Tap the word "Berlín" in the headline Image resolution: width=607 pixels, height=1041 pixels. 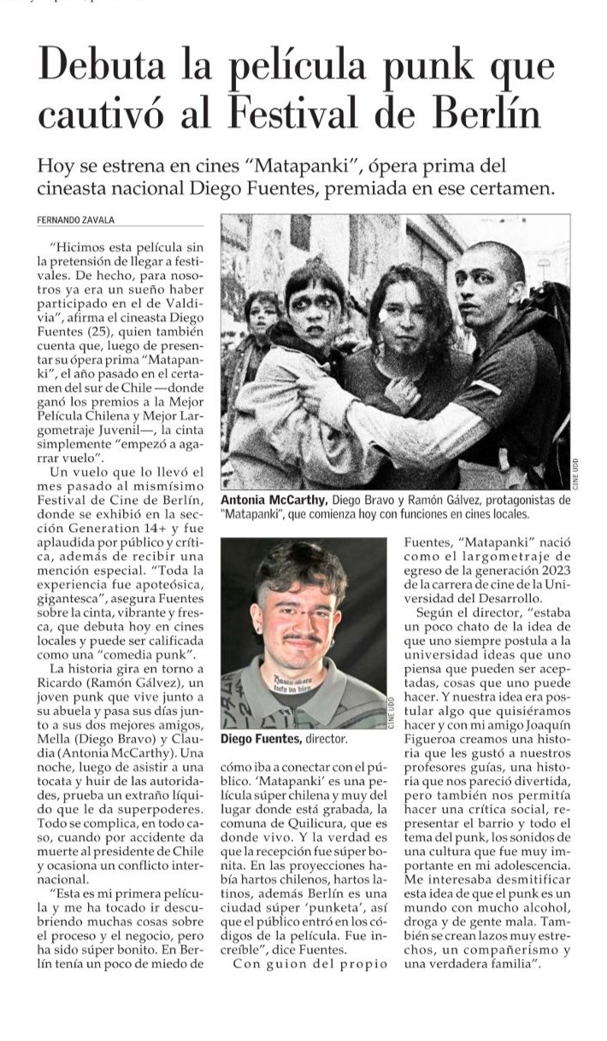point(490,114)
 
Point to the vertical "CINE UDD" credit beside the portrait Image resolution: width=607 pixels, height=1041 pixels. point(392,713)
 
